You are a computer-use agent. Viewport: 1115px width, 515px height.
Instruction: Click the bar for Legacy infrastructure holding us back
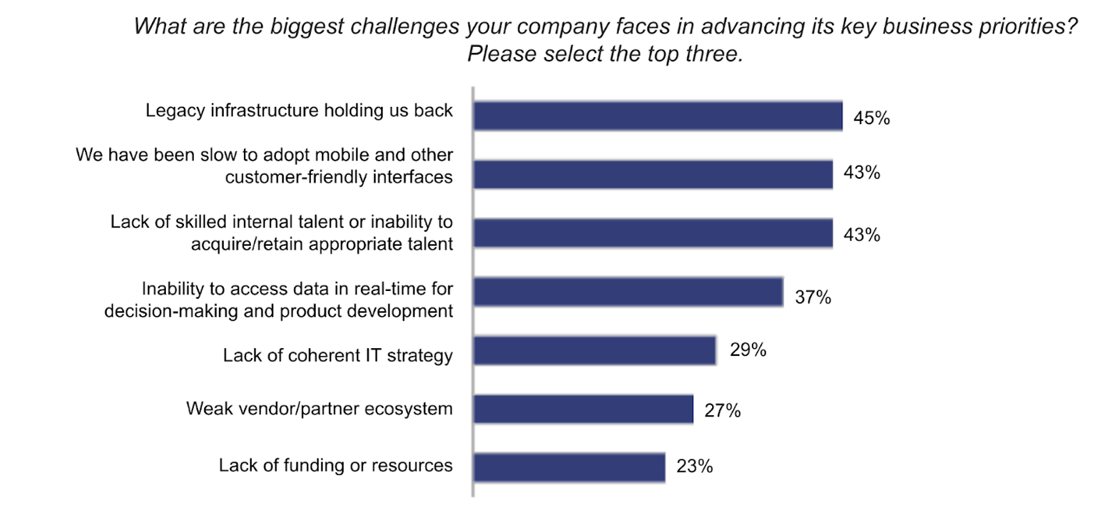click(657, 115)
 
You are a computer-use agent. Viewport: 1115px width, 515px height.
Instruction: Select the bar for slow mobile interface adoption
click(653, 174)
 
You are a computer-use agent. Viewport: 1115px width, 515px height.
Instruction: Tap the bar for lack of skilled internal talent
click(653, 233)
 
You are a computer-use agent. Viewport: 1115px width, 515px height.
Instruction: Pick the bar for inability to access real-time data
click(628, 292)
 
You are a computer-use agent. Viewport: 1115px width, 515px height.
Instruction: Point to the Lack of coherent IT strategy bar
click(594, 350)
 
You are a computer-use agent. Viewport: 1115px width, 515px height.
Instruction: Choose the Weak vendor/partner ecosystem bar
click(583, 409)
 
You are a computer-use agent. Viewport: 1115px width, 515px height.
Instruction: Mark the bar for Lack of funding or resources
click(569, 467)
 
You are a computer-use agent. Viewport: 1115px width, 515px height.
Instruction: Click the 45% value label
click(872, 119)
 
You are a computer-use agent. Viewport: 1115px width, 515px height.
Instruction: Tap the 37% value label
click(813, 297)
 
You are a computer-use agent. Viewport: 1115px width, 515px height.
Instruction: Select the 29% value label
click(747, 350)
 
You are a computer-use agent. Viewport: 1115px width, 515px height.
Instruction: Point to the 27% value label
click(722, 410)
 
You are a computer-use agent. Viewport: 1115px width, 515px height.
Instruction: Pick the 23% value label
click(695, 467)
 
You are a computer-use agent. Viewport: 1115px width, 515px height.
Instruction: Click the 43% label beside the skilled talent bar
click(862, 234)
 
